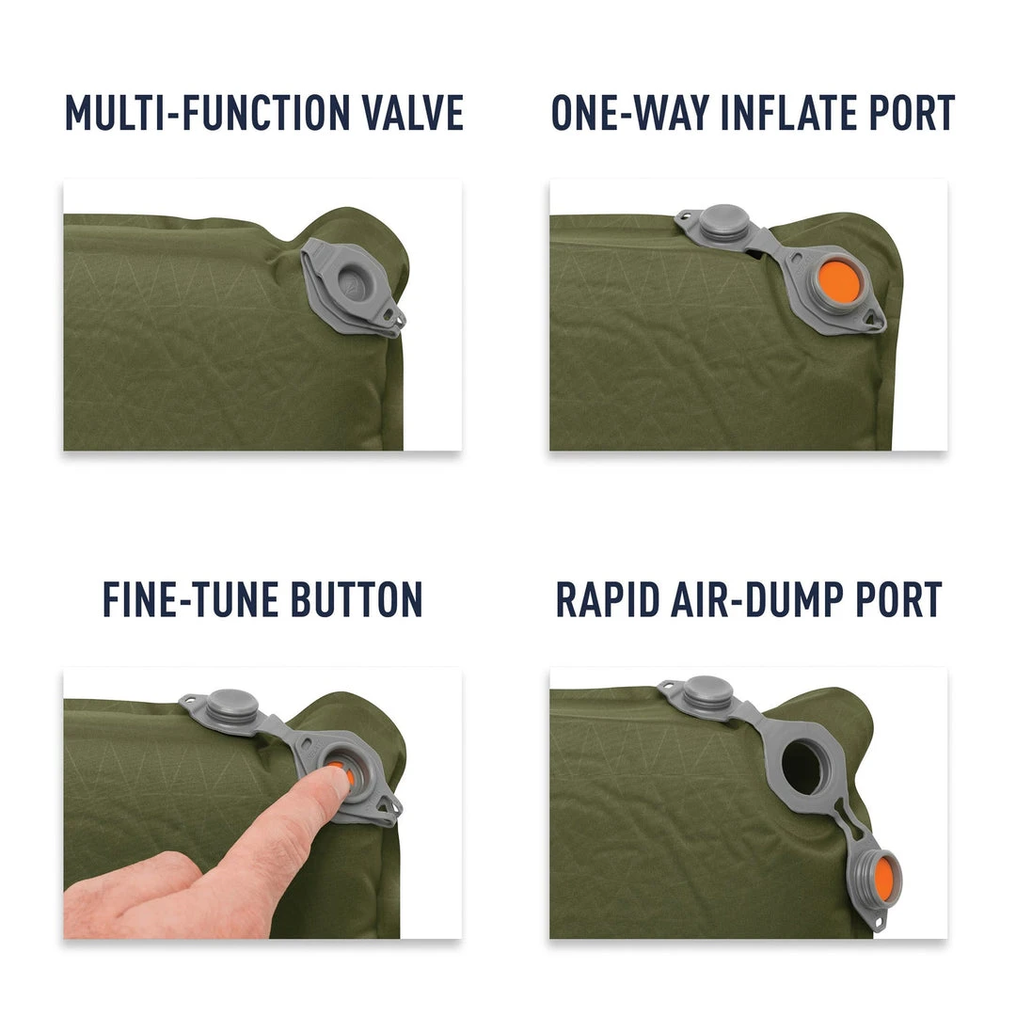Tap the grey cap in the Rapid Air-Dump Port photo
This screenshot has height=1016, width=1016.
click(707, 691)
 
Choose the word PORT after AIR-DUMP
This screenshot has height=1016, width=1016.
click(894, 600)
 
